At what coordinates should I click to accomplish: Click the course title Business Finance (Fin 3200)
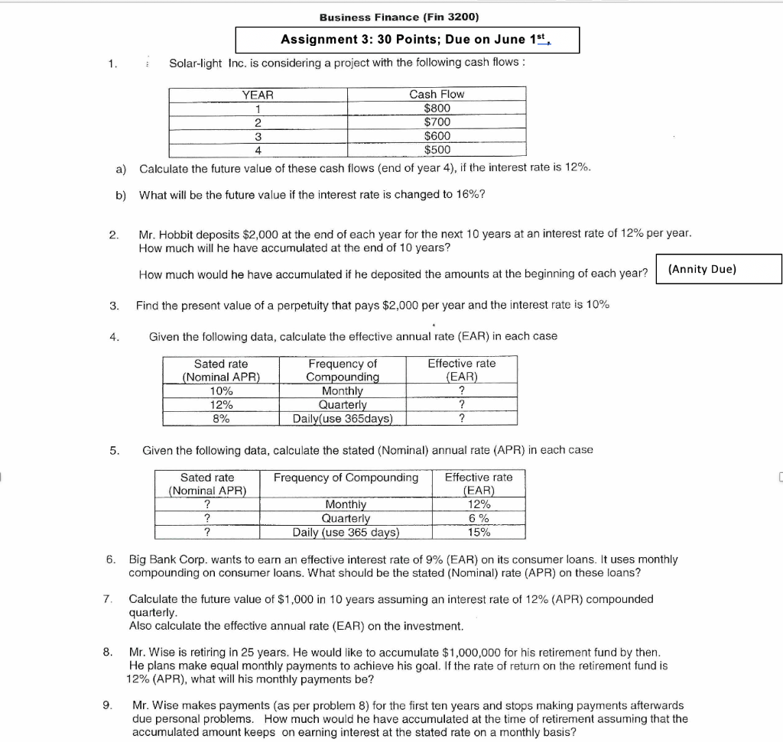click(398, 17)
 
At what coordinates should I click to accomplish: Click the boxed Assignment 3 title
click(407, 40)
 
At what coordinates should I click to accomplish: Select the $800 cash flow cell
click(437, 108)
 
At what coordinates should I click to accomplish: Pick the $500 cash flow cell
click(437, 149)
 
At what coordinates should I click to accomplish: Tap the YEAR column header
click(258, 94)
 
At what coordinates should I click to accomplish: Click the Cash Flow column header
click(437, 94)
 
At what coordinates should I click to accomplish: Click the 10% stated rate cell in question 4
click(222, 390)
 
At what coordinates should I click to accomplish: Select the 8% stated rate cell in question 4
click(222, 418)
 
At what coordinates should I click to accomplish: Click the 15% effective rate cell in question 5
click(479, 532)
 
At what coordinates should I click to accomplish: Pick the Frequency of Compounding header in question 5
click(346, 478)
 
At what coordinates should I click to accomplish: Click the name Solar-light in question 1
click(196, 62)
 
